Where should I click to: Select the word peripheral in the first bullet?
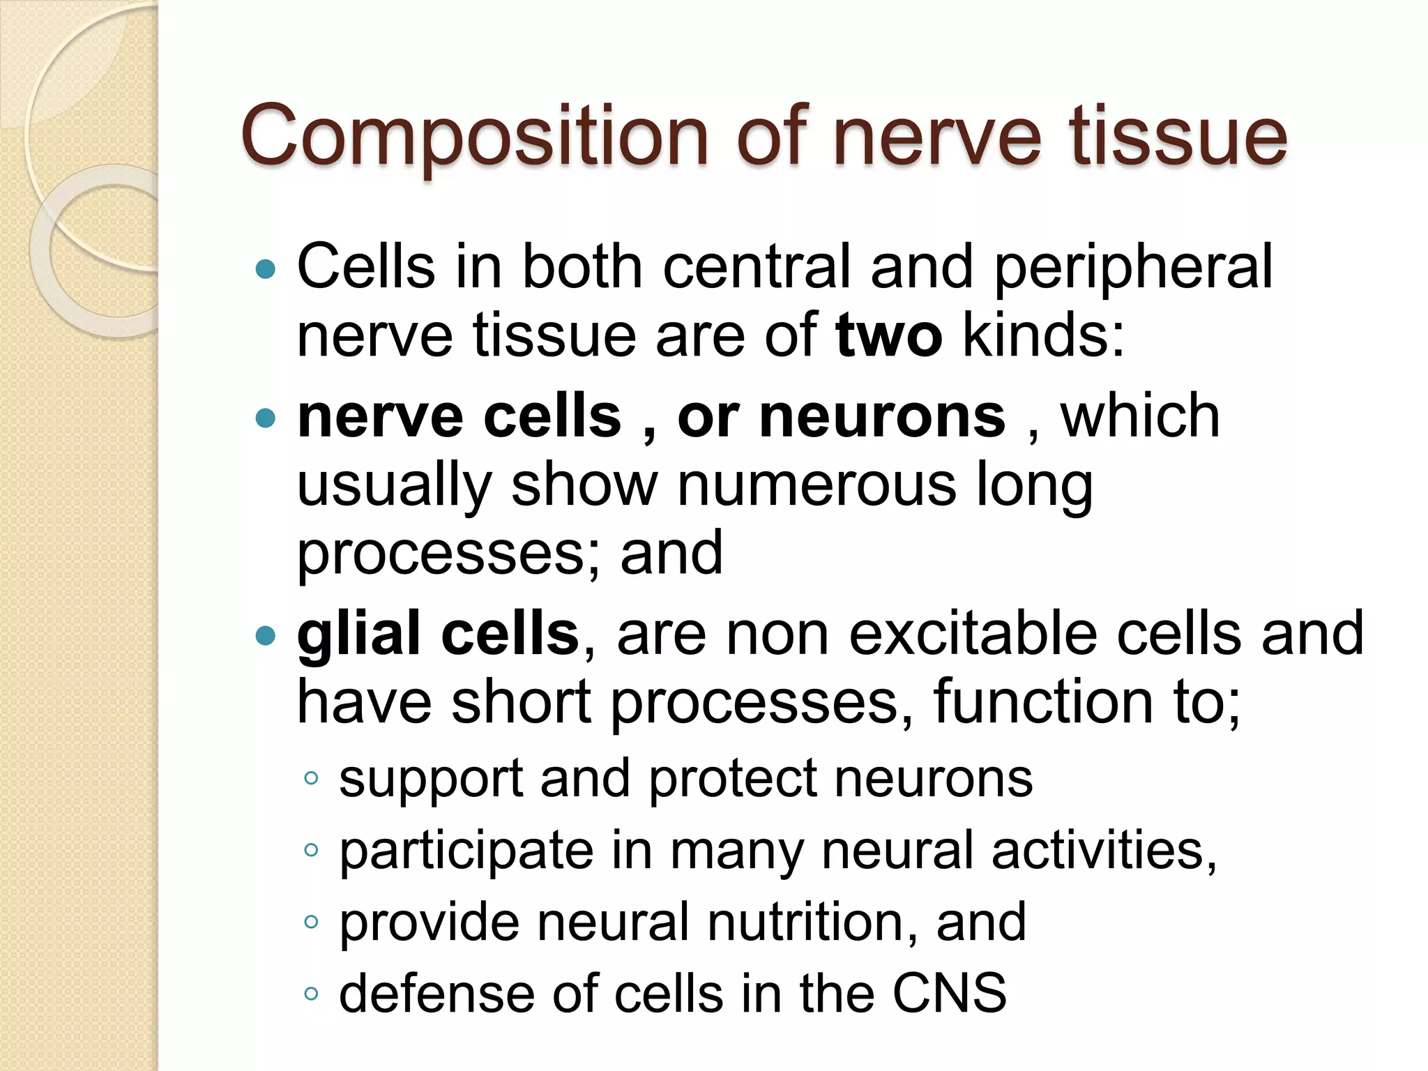(x=1133, y=267)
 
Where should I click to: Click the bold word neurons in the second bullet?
(x=882, y=417)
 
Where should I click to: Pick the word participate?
(x=466, y=852)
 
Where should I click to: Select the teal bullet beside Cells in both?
(x=266, y=268)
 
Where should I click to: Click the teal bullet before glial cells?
(x=266, y=635)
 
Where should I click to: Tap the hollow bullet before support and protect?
(x=311, y=778)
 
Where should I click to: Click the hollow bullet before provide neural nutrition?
(x=311, y=922)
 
